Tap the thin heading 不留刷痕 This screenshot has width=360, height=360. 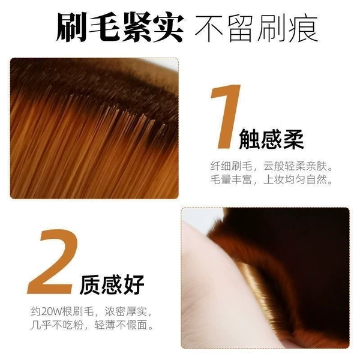(x=256, y=28)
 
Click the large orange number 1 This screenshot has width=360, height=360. (x=226, y=116)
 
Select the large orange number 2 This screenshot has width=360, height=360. (x=52, y=261)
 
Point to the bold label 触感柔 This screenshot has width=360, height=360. (x=271, y=139)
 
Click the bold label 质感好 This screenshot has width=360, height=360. (x=112, y=284)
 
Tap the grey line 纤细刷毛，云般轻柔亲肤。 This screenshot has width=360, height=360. (x=272, y=166)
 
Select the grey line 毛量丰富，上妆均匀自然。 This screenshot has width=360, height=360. (x=272, y=179)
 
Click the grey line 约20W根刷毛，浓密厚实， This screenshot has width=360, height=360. (x=92, y=311)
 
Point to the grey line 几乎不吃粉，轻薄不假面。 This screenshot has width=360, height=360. (x=92, y=325)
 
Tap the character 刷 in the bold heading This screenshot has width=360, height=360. (x=71, y=28)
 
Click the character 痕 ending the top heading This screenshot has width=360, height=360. (x=303, y=28)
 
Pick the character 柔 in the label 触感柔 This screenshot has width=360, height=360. (x=293, y=139)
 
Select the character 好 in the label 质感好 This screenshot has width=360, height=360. (x=134, y=284)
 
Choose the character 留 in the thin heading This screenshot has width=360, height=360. (x=241, y=28)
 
